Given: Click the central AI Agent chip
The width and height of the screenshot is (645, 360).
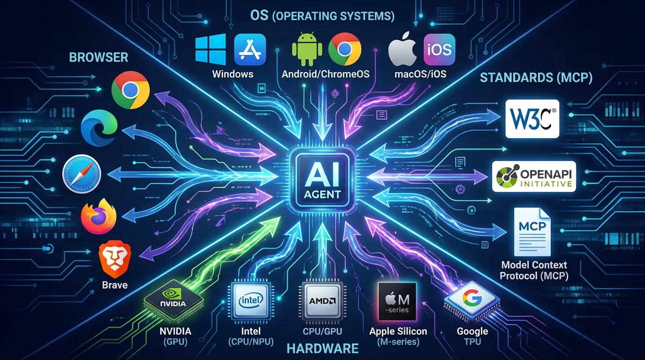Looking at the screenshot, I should [x=322, y=180].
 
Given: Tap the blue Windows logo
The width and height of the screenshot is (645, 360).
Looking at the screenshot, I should [x=210, y=49].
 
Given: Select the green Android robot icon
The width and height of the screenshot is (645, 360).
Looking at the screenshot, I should [x=307, y=49].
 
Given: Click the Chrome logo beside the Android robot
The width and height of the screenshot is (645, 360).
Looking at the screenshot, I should [x=345, y=49].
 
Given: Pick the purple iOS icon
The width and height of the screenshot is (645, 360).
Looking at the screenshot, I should [x=439, y=49].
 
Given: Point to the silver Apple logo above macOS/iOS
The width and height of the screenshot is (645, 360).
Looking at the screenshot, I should [x=403, y=48].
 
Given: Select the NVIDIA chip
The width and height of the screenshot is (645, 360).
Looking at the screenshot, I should [x=173, y=300].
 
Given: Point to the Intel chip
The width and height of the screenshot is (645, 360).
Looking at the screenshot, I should [x=253, y=300].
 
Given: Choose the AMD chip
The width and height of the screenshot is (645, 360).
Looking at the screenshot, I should [x=322, y=300].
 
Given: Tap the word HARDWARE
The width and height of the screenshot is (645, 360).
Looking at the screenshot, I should [x=322, y=348].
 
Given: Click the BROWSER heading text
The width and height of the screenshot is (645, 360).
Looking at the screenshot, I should [x=98, y=57].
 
